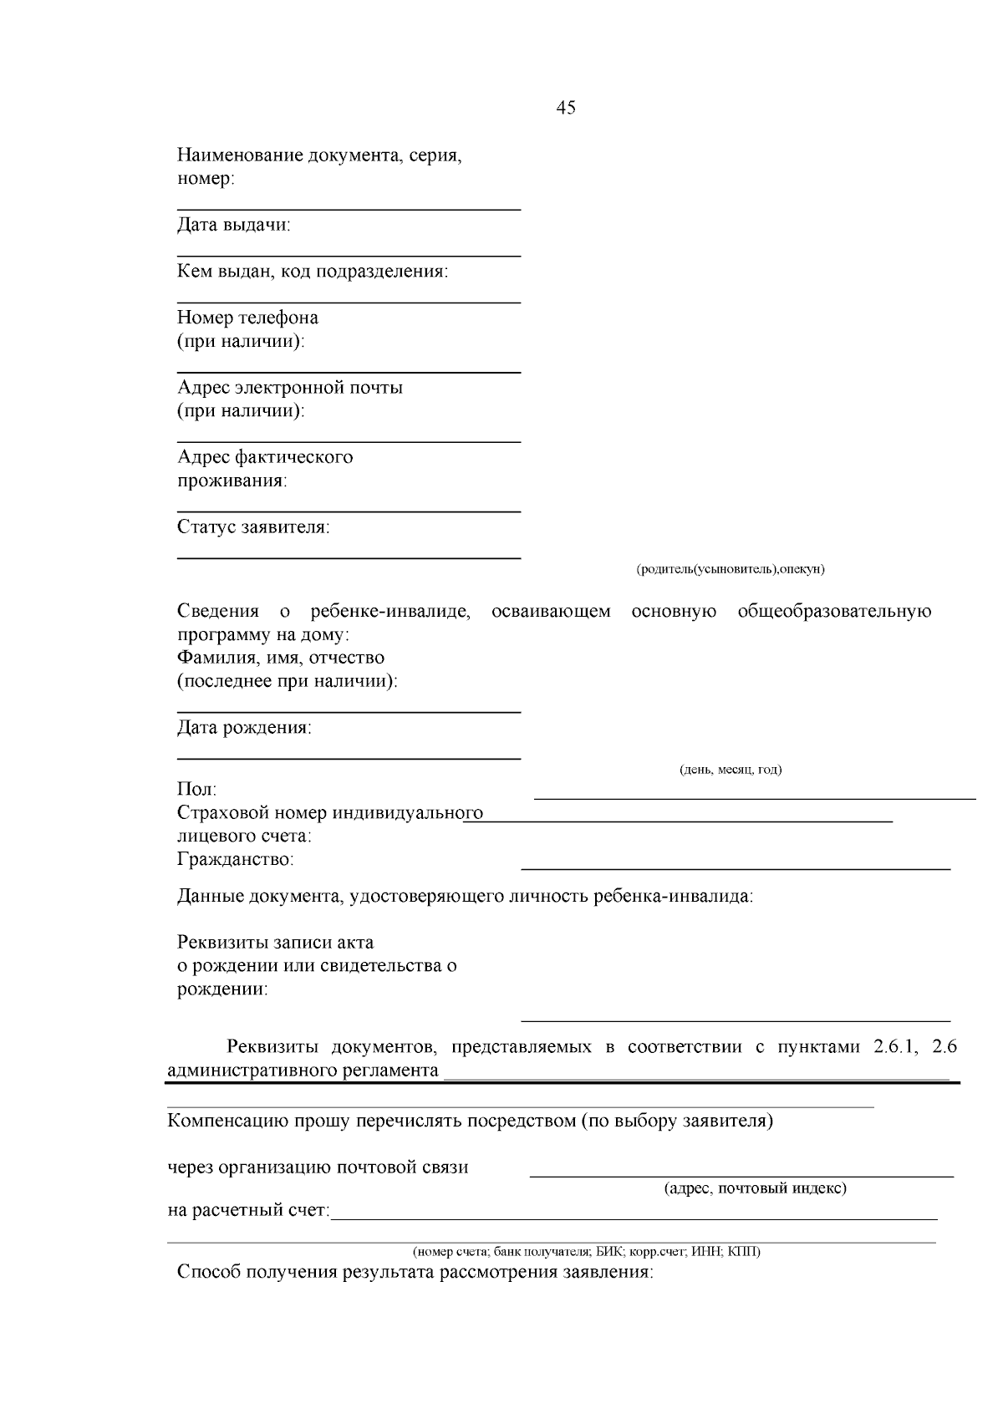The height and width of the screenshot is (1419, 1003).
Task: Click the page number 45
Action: pyautogui.click(x=565, y=108)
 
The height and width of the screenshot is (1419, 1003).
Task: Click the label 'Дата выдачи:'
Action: pyautogui.click(x=234, y=225)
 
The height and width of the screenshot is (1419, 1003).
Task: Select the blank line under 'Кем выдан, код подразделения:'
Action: pyautogui.click(x=349, y=301)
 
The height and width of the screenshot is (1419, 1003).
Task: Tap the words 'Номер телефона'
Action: pyautogui.click(x=247, y=318)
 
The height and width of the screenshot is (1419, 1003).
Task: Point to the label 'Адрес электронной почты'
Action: pyautogui.click(x=290, y=388)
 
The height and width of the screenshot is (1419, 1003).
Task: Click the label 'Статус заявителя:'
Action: pyautogui.click(x=253, y=527)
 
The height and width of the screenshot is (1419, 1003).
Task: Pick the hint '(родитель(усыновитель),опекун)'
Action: pyautogui.click(x=730, y=569)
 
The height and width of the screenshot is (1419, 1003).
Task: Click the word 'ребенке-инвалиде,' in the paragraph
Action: pyautogui.click(x=389, y=612)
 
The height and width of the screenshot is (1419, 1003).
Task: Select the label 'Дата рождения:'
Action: pyautogui.click(x=244, y=728)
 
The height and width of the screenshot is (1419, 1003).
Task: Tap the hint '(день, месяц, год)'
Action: pyautogui.click(x=731, y=770)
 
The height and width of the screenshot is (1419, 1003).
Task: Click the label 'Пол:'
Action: pyautogui.click(x=196, y=790)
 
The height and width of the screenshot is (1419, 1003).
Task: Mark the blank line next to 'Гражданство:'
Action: pyautogui.click(x=736, y=869)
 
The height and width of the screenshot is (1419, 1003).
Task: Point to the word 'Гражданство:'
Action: pyautogui.click(x=235, y=860)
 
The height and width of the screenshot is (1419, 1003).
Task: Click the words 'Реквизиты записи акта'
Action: pyautogui.click(x=275, y=943)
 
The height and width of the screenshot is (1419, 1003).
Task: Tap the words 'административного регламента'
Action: pyautogui.click(x=303, y=1071)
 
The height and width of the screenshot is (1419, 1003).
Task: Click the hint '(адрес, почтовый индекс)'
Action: pyautogui.click(x=755, y=1188)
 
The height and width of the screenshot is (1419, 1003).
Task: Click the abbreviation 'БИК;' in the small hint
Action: pyautogui.click(x=609, y=1252)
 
